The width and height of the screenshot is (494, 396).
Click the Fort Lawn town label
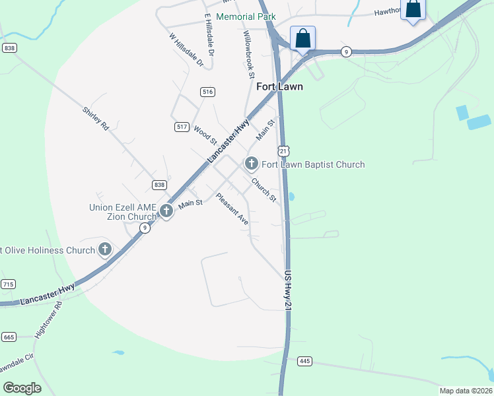[279, 86]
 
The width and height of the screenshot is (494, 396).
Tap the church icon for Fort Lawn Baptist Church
[251, 163]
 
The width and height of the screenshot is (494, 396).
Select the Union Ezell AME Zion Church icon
[166, 211]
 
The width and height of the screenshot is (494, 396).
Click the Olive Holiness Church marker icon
[104, 249]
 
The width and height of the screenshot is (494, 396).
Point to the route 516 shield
[208, 92]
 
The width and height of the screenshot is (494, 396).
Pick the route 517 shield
[182, 126]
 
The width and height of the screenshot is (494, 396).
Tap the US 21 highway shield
[283, 151]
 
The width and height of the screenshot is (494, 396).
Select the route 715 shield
[8, 284]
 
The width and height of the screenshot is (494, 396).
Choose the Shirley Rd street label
[95, 119]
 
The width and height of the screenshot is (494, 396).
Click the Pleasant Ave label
[232, 209]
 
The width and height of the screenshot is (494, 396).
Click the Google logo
[22, 388]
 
